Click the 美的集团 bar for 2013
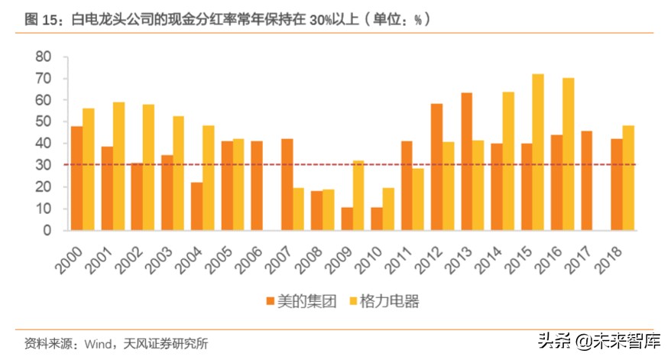click(466, 161)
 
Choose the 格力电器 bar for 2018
click(628, 177)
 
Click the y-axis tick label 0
click(47, 230)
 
